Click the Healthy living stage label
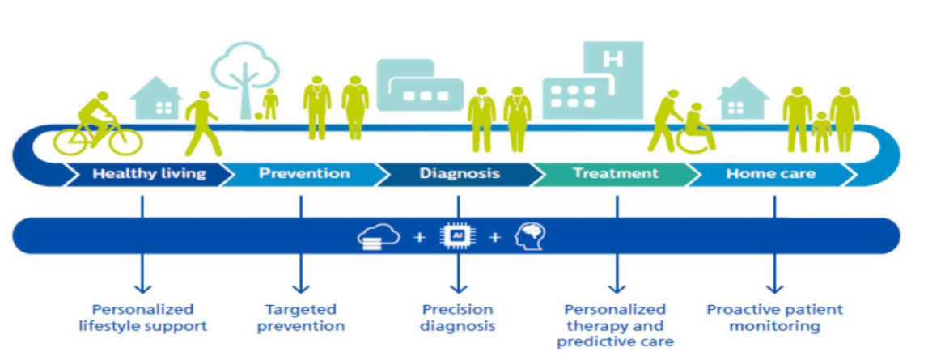[149, 173]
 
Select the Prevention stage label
[304, 173]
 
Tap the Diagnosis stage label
[460, 173]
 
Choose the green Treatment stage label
[615, 173]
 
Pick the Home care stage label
[770, 173]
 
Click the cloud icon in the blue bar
[378, 237]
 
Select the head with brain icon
[530, 235]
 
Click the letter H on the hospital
[613, 59]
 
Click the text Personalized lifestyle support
[142, 317]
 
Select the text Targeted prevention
[301, 317]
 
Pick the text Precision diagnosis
[457, 317]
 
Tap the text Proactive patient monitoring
[775, 317]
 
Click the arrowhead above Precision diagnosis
[458, 288]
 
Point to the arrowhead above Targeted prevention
[301, 288]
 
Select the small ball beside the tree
[259, 116]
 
